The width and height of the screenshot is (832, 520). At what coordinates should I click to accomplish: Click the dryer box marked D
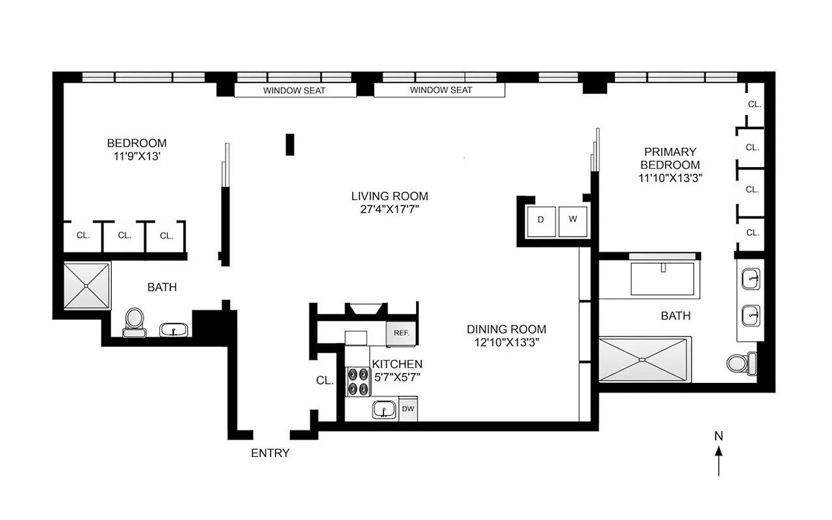(540, 220)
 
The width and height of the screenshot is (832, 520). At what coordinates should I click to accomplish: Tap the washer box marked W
(573, 220)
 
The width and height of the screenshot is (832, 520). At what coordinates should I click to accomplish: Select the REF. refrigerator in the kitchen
(400, 333)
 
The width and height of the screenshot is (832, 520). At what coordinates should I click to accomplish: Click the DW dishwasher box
(408, 409)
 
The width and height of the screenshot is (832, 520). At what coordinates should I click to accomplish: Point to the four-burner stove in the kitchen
(357, 382)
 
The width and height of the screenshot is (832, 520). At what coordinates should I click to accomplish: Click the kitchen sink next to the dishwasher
(383, 409)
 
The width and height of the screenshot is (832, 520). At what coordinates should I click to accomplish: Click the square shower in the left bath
(87, 287)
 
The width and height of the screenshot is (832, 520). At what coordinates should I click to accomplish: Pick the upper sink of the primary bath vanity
(752, 279)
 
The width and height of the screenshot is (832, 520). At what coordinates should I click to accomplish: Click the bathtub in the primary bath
(662, 276)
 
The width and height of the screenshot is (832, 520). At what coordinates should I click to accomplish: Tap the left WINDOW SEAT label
(294, 90)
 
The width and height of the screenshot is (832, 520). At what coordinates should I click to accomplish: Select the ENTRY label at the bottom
(270, 454)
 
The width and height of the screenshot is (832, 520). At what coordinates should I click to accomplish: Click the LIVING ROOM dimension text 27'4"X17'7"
(389, 209)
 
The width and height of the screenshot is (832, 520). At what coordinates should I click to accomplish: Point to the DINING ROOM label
(506, 330)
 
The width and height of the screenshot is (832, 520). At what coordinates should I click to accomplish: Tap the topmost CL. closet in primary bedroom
(754, 104)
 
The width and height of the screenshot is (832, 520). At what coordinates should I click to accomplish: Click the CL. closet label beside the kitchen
(325, 382)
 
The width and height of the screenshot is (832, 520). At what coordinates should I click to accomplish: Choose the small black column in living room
(290, 144)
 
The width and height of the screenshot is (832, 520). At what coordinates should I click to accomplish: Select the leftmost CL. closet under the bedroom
(83, 236)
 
